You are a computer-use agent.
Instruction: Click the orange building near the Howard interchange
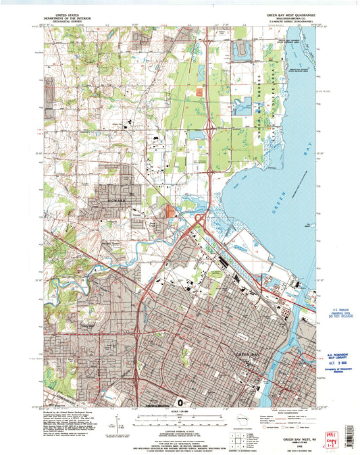pyautogui.click(x=169, y=213)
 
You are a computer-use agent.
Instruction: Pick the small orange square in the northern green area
pyautogui.click(x=200, y=91)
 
